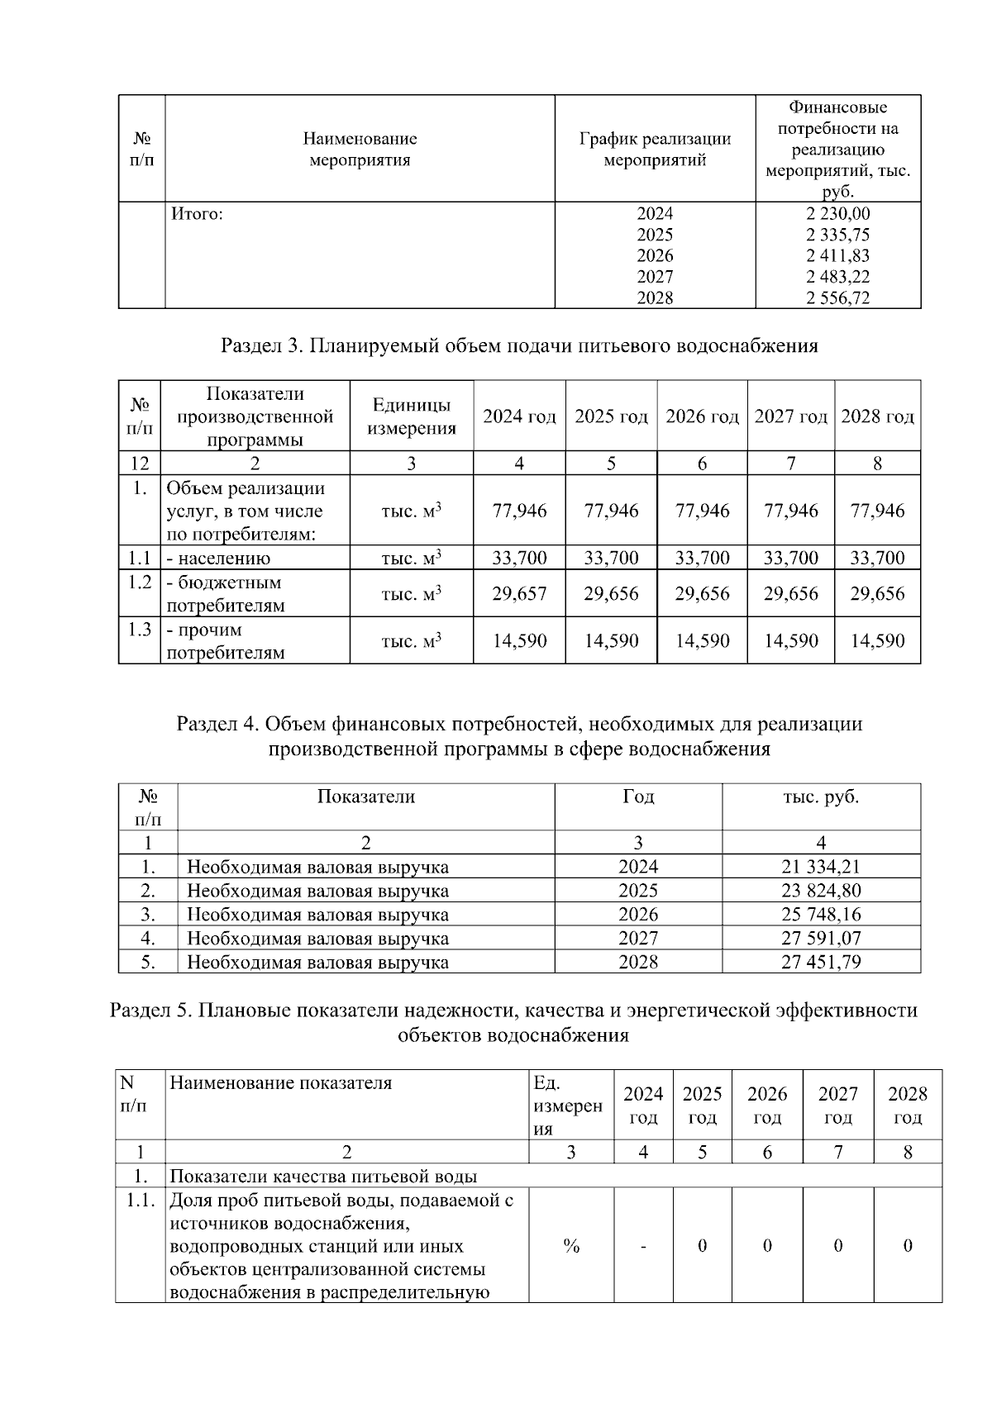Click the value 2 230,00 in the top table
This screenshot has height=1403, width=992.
pyautogui.click(x=837, y=214)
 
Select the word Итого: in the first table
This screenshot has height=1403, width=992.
pyautogui.click(x=198, y=214)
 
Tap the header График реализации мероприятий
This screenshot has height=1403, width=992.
pyautogui.click(x=655, y=150)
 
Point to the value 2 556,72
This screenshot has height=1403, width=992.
pyautogui.click(x=837, y=298)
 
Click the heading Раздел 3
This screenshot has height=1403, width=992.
pyautogui.click(x=519, y=345)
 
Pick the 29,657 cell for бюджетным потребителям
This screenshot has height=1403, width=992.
pyautogui.click(x=519, y=593)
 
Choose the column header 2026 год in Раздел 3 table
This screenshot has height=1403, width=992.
pyautogui.click(x=702, y=416)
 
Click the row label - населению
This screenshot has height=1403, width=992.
pyautogui.click(x=218, y=559)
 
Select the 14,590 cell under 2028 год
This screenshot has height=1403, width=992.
pyautogui.click(x=877, y=640)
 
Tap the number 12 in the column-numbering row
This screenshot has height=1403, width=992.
pyautogui.click(x=139, y=464)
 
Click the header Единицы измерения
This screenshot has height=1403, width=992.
pyautogui.click(x=412, y=416)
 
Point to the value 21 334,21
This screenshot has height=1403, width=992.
pyautogui.click(x=821, y=867)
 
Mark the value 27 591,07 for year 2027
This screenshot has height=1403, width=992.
pyautogui.click(x=821, y=938)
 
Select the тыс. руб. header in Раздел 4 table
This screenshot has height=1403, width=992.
pyautogui.click(x=821, y=797)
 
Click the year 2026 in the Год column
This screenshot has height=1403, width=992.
pyautogui.click(x=638, y=915)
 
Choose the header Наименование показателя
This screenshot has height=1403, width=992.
pyautogui.click(x=280, y=1082)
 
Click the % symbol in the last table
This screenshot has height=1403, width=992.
pyautogui.click(x=570, y=1246)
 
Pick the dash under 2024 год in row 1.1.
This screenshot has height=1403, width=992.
pyautogui.click(x=643, y=1246)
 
